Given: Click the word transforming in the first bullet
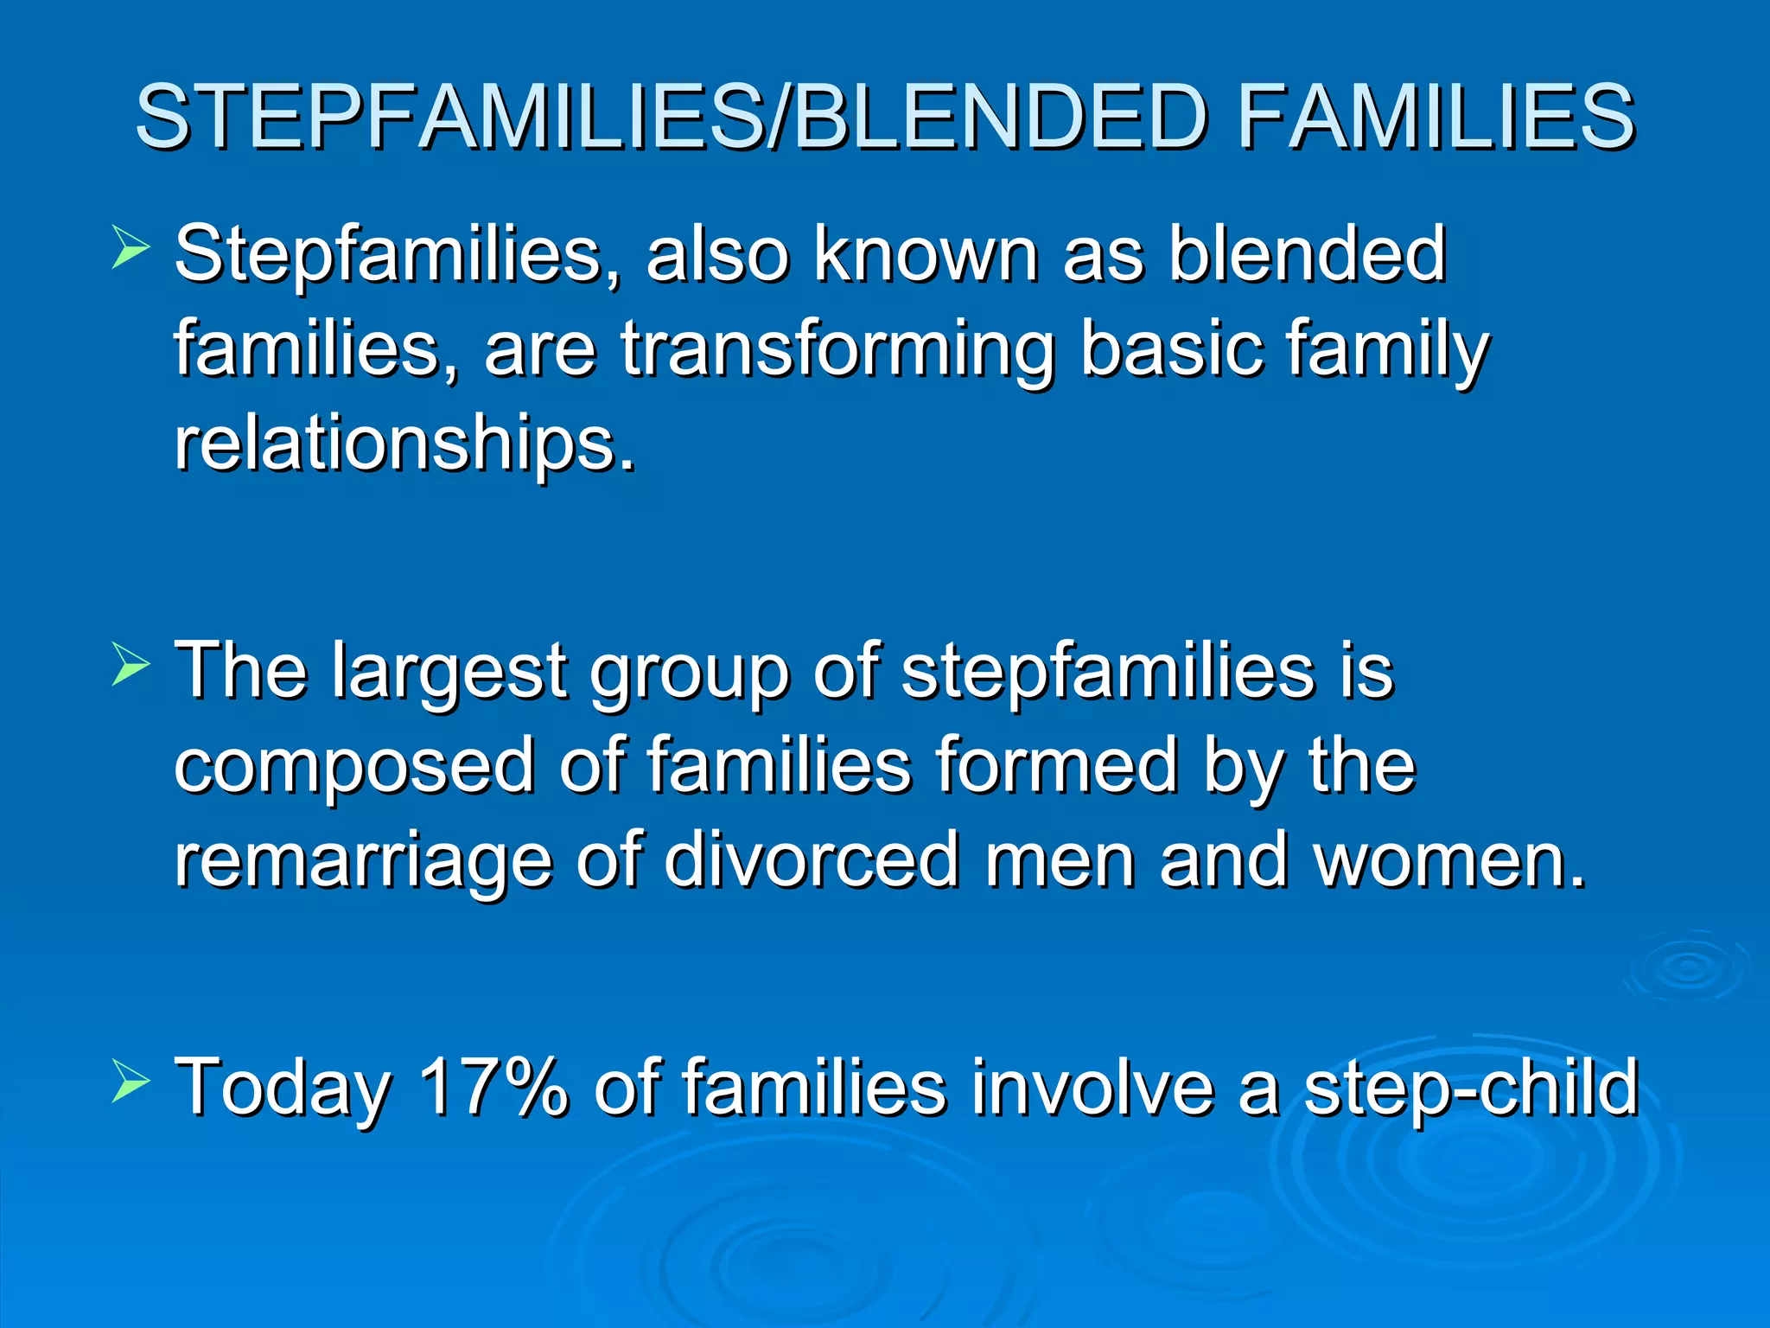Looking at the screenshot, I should point(837,350).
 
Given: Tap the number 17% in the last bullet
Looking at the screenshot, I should point(493,1087).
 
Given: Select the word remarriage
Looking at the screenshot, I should point(363,860).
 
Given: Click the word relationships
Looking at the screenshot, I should point(404,445).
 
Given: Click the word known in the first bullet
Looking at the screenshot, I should point(926,254).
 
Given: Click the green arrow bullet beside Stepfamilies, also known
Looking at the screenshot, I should point(131,250).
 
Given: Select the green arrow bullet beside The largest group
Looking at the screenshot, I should point(131,668).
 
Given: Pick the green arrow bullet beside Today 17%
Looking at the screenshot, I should point(131,1083).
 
